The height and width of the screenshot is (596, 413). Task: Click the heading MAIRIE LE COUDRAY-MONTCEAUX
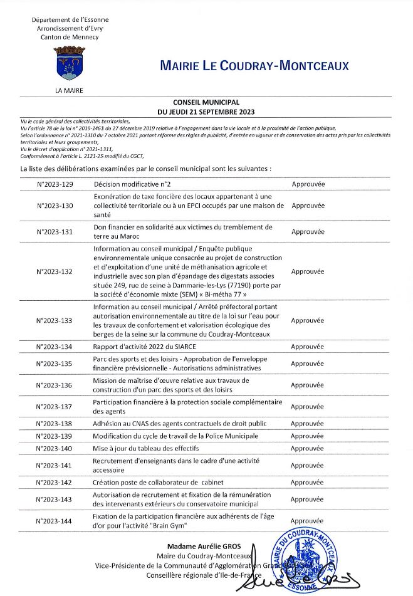(x=254, y=66)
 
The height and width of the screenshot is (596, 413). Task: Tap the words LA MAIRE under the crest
(x=69, y=90)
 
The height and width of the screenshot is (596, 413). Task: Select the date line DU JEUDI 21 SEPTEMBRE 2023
(x=206, y=112)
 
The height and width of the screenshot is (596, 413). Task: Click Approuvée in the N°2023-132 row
(x=308, y=272)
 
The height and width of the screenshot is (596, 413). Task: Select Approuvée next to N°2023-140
(x=308, y=448)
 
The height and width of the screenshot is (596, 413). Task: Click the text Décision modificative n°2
(x=132, y=184)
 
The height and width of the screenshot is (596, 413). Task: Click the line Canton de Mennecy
(x=68, y=37)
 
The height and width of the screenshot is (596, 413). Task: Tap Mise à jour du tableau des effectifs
(x=145, y=448)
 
